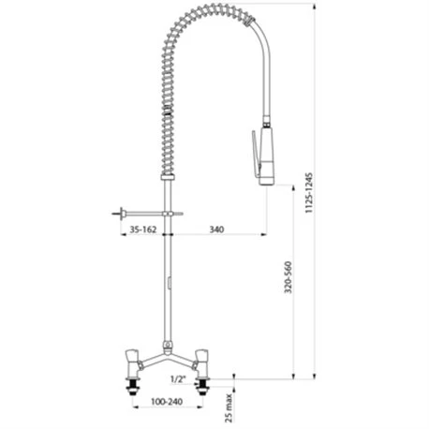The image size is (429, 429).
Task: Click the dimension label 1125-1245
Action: pyautogui.click(x=309, y=193)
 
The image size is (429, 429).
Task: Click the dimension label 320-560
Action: pyautogui.click(x=288, y=277)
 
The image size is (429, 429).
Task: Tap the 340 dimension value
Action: pyautogui.click(x=216, y=229)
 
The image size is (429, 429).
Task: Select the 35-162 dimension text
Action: pyautogui.click(x=142, y=229)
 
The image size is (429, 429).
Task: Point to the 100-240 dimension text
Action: pyautogui.click(x=167, y=402)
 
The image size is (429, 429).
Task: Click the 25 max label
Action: pyautogui.click(x=229, y=408)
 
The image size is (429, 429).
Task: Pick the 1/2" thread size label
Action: pyautogui.click(x=178, y=379)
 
